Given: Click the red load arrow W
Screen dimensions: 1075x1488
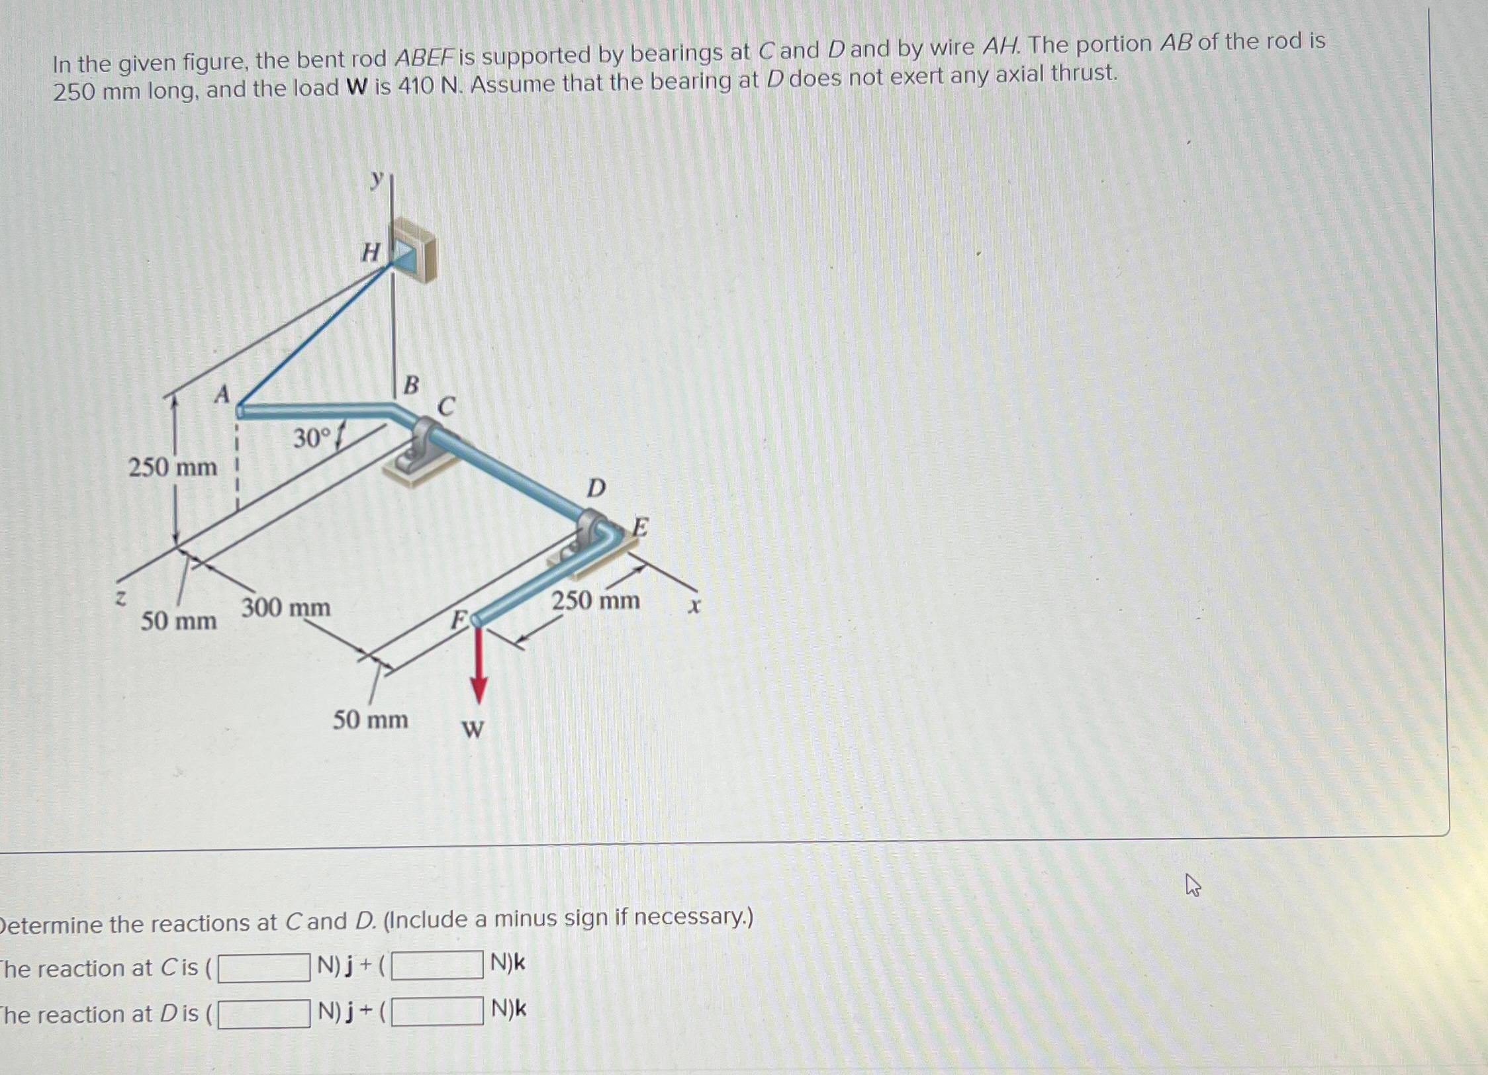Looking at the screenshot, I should pos(478,665).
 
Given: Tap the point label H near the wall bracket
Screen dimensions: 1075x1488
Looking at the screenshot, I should pos(371,252).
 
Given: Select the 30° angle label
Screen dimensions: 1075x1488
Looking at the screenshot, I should pos(311,438).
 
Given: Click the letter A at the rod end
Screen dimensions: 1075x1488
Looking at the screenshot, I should pos(222,395).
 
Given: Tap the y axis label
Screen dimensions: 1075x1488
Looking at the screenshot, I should pos(377,178).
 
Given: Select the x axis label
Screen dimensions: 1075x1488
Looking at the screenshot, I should pos(693,605).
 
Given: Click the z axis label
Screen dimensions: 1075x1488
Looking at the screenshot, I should pos(120,597).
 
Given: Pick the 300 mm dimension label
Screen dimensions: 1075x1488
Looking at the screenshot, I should pos(286,607).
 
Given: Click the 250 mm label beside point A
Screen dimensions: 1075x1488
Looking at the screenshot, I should pos(172,467).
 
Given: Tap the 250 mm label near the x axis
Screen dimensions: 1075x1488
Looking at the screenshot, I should pos(596,600).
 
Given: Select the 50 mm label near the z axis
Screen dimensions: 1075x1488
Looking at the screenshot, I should pos(179,621).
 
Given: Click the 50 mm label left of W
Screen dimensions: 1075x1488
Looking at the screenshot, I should pos(370,720).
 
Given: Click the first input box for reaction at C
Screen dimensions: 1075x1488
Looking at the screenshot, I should pos(264,967).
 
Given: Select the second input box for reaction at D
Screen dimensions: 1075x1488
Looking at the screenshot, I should pos(437,1011).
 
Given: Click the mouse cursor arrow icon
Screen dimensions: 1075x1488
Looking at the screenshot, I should pos(1192,885).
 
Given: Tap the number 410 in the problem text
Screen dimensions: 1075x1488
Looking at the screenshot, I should pos(414,86).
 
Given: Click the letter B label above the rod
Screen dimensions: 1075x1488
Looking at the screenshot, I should pos(411,385).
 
